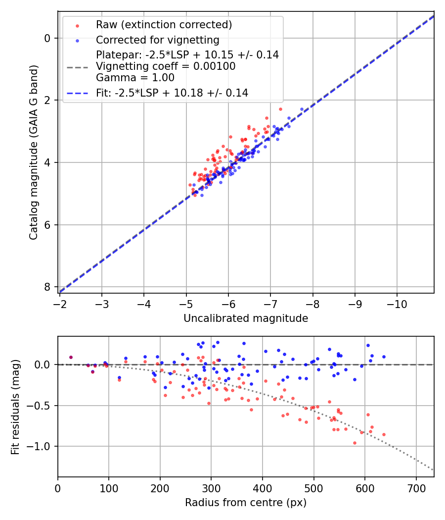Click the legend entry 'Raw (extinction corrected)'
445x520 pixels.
point(164,25)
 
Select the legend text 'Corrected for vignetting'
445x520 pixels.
point(158,40)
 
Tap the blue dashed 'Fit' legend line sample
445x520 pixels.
point(78,93)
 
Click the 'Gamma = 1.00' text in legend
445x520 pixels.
point(135,77)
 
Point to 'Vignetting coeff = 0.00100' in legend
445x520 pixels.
point(166,66)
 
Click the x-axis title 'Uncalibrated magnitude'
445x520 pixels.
point(246,318)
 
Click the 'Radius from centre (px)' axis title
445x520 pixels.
point(246,503)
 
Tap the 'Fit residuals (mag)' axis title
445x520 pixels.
point(15,407)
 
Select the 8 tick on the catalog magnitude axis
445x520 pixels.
point(47,287)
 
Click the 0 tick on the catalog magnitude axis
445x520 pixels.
point(47,38)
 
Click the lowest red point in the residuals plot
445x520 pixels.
point(355,443)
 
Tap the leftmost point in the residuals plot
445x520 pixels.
point(71,357)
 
